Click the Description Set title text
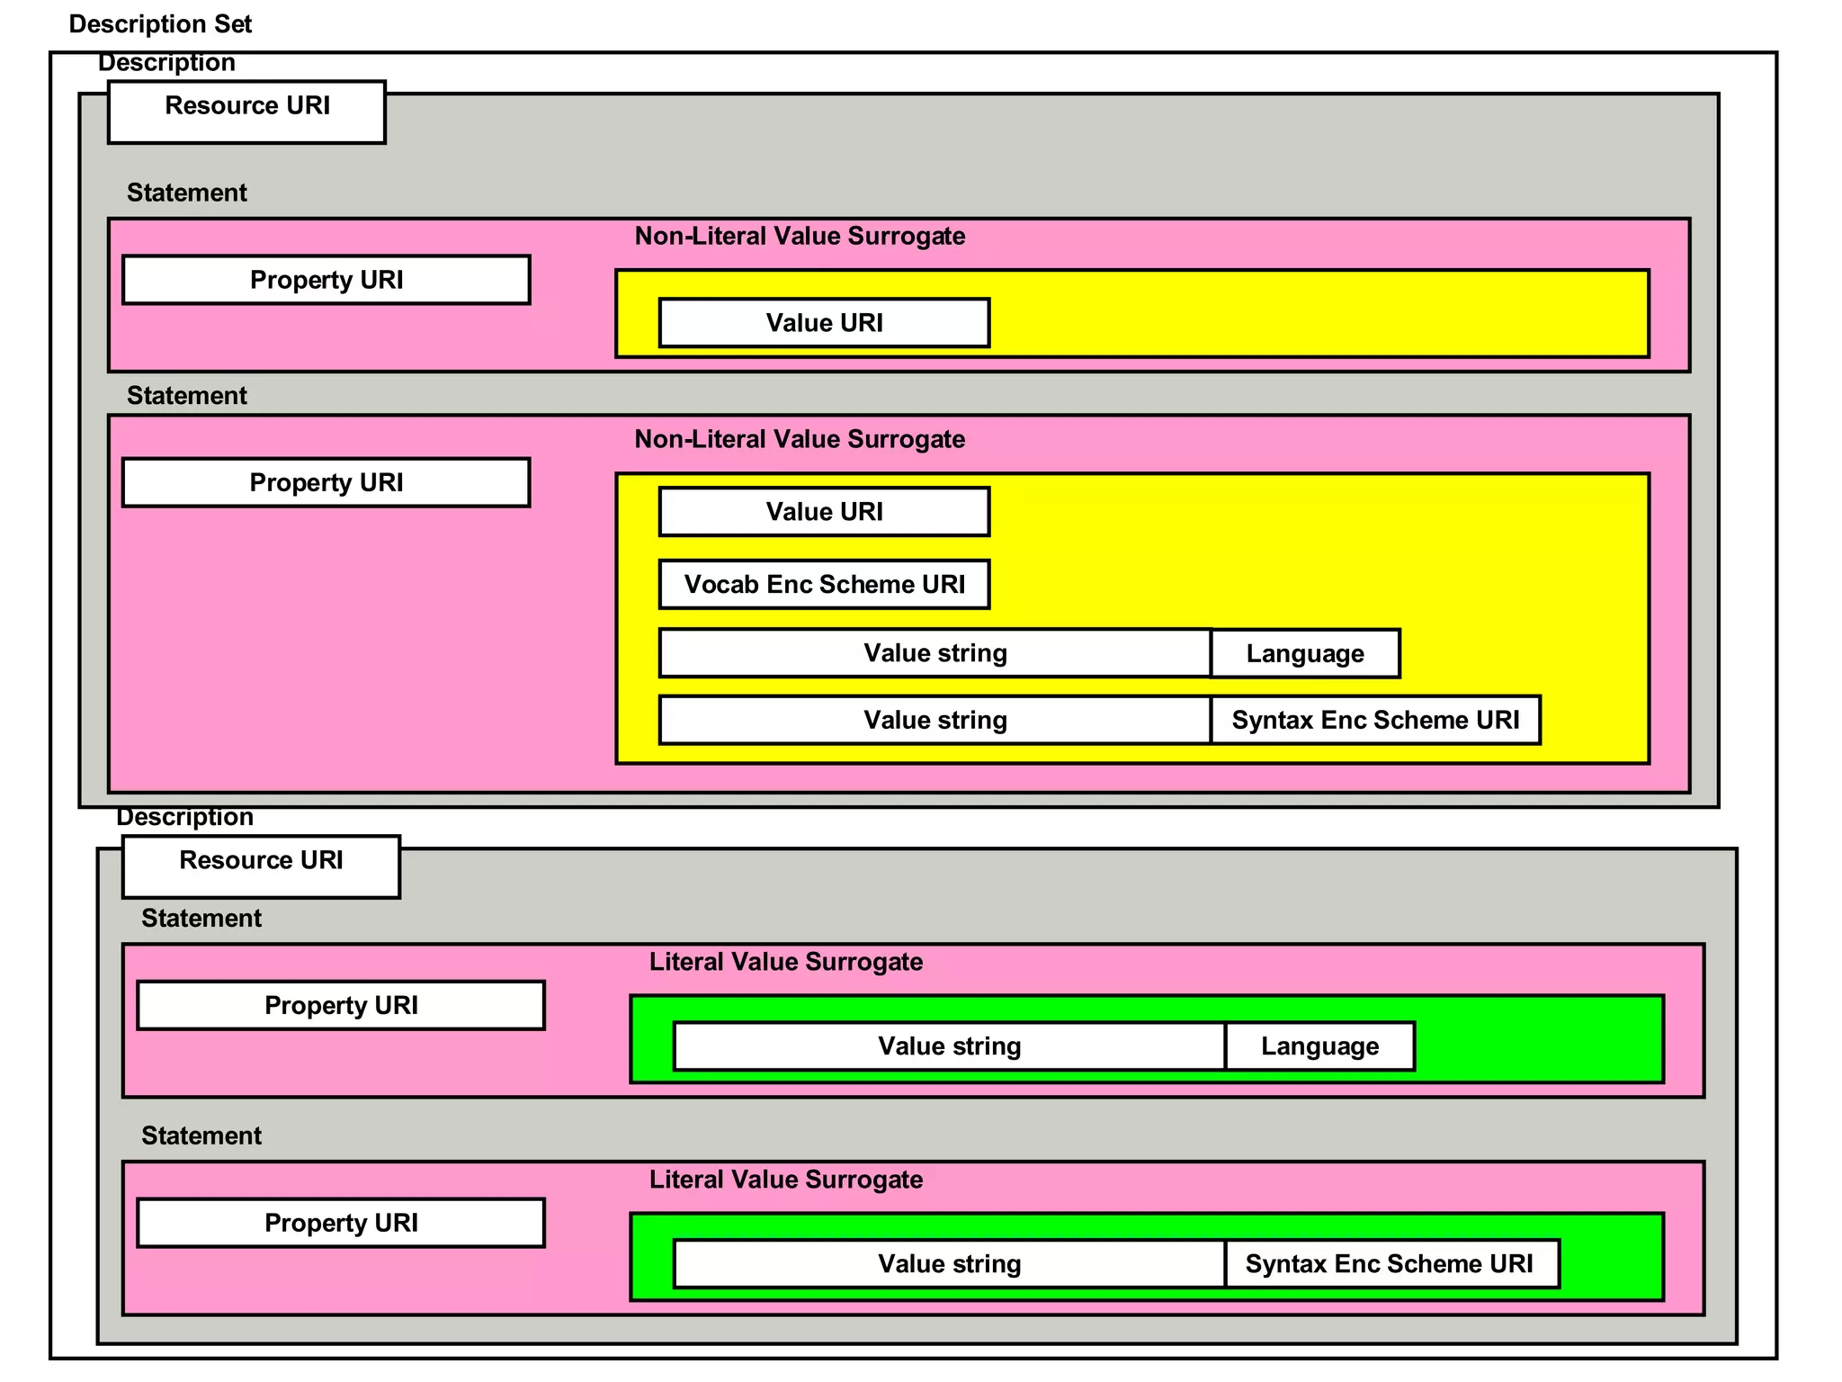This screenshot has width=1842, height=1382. point(160,24)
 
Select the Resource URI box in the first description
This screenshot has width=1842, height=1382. point(246,112)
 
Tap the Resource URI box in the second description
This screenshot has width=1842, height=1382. point(261,866)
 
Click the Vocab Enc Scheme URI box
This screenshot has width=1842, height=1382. point(824,585)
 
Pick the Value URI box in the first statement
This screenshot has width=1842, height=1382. point(824,323)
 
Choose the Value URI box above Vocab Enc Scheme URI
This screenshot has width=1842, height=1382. point(824,512)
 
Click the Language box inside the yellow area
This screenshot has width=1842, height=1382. point(1304,653)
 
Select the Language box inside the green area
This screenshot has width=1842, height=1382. point(1319,1045)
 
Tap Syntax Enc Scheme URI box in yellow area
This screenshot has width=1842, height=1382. point(1374,720)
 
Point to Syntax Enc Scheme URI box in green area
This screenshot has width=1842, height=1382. point(1390,1263)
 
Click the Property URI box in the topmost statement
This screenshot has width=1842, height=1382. point(326,280)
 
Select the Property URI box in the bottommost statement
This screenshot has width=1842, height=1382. point(340,1223)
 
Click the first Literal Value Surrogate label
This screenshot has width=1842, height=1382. point(785,962)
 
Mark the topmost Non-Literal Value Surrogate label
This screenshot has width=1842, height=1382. point(800,237)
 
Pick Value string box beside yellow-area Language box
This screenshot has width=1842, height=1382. point(934,653)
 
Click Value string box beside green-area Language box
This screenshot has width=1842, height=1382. point(949,1045)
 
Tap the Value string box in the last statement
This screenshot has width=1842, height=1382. point(949,1263)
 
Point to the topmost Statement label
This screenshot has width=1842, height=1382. point(186,193)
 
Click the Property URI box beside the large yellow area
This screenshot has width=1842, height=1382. point(326,482)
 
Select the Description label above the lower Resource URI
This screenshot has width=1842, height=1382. point(184,817)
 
